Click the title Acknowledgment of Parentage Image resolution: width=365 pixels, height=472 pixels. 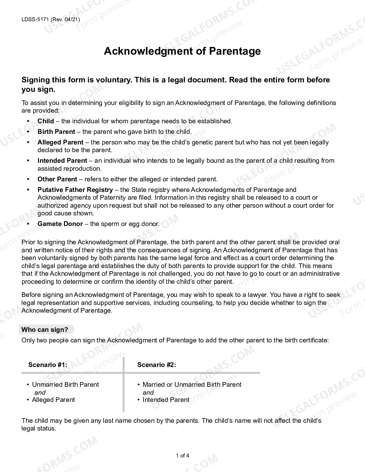(x=182, y=51)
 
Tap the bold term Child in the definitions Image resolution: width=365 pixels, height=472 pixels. (x=46, y=121)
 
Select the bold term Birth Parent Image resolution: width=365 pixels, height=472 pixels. (x=56, y=132)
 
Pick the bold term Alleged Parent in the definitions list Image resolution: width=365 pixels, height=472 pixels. (x=60, y=142)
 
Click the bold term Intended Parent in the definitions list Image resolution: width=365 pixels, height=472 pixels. (x=62, y=160)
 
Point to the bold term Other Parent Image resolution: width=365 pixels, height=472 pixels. (x=57, y=179)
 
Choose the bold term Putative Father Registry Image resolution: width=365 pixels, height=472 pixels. (x=75, y=190)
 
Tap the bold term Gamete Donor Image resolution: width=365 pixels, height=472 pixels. (x=60, y=224)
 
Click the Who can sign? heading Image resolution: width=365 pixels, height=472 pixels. (x=45, y=330)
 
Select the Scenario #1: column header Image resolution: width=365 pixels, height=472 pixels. (x=48, y=365)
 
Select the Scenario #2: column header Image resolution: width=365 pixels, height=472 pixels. (x=157, y=365)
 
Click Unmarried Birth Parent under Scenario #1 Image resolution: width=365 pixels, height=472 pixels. (x=65, y=384)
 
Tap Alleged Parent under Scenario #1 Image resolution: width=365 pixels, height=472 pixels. (x=53, y=400)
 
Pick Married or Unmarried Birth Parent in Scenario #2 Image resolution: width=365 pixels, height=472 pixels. (x=192, y=384)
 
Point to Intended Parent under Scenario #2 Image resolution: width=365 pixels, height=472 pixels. (x=166, y=400)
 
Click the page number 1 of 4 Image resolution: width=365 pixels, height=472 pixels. (x=182, y=456)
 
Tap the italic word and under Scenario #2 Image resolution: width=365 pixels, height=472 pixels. (x=148, y=392)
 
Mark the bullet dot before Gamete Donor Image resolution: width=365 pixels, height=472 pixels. (x=28, y=224)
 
